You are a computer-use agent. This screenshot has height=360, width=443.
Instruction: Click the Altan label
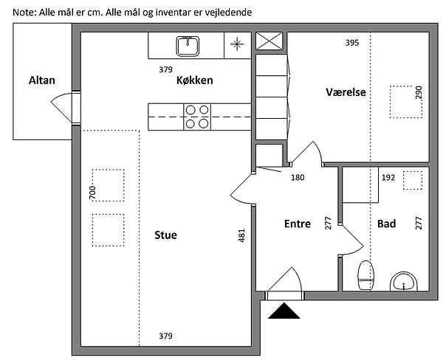point(41,80)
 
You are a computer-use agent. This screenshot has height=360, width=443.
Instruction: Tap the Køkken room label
point(195,81)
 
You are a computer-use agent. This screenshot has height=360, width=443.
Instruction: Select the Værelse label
point(346,92)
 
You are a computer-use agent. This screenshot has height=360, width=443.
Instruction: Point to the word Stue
point(165,235)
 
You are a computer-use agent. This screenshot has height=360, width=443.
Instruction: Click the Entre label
point(298,224)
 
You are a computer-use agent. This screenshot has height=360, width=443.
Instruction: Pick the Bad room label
point(386,224)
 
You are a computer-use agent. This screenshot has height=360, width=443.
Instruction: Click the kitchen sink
point(188,46)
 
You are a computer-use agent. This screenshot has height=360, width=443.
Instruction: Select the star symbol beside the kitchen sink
point(237,44)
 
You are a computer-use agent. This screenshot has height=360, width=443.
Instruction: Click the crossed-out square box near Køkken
point(269,41)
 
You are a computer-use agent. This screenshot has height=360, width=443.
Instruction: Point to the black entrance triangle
point(284,311)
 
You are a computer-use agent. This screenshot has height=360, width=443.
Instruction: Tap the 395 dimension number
point(352,43)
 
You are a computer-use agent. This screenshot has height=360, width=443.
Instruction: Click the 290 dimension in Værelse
point(419,94)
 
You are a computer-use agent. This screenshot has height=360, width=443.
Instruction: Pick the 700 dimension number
point(92,195)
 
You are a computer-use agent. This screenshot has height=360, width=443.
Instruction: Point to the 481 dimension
point(241,236)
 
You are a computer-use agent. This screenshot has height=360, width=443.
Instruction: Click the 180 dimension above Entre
point(298,177)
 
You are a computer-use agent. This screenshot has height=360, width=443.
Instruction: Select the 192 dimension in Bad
point(388,178)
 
